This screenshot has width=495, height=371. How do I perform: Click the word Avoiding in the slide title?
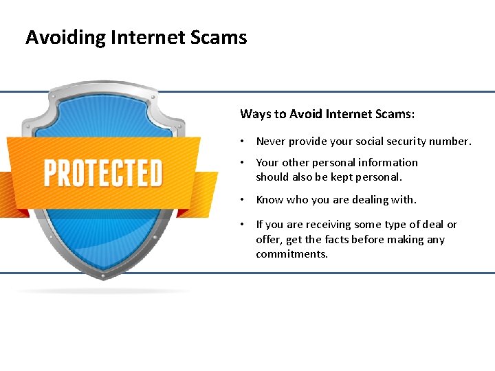pos(58,37)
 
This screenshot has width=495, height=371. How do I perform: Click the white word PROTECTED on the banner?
pos(103,173)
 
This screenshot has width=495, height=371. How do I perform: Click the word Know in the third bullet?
pos(270,200)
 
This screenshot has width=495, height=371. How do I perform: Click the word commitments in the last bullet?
pos(292,254)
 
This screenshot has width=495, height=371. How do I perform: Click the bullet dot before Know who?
pos(243,200)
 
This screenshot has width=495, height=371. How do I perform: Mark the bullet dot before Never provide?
pos(243,142)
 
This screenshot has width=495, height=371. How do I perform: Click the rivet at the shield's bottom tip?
pos(103,277)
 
